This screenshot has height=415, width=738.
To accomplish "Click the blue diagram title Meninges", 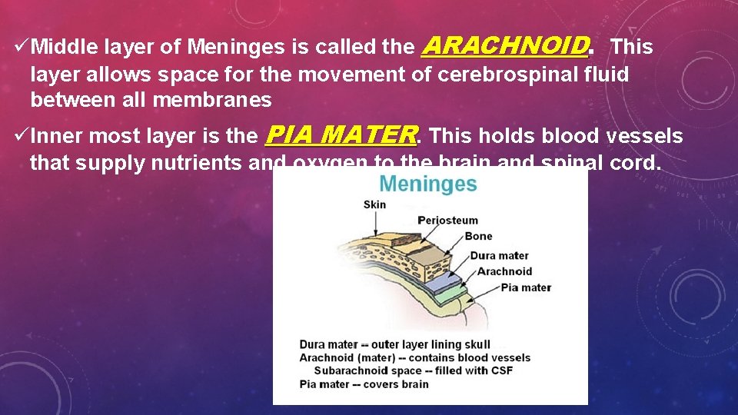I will click(x=428, y=184).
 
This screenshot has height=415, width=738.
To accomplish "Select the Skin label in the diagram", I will click(x=374, y=204).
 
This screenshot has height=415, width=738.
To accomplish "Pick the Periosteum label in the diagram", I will click(x=447, y=221).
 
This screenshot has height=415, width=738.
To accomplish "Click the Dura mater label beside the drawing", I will click(x=499, y=255).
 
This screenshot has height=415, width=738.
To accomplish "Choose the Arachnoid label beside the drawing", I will click(x=504, y=271).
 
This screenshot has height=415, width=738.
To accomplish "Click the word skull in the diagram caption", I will click(x=474, y=344).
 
